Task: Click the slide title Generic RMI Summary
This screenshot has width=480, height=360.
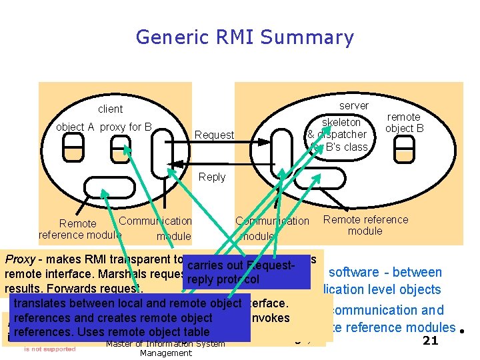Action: point(245,37)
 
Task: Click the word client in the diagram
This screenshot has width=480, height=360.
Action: point(111,109)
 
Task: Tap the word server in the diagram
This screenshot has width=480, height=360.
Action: point(353,105)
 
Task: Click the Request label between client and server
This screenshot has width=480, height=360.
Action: point(214,135)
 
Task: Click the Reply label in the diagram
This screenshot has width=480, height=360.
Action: point(212,177)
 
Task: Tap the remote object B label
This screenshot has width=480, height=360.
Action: point(404,123)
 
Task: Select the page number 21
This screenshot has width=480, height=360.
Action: point(430,341)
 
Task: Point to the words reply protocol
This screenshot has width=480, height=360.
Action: point(223,280)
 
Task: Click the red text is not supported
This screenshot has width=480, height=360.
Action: point(50,348)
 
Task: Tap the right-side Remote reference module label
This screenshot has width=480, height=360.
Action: point(365,225)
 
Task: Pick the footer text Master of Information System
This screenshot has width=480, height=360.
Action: point(165,344)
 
